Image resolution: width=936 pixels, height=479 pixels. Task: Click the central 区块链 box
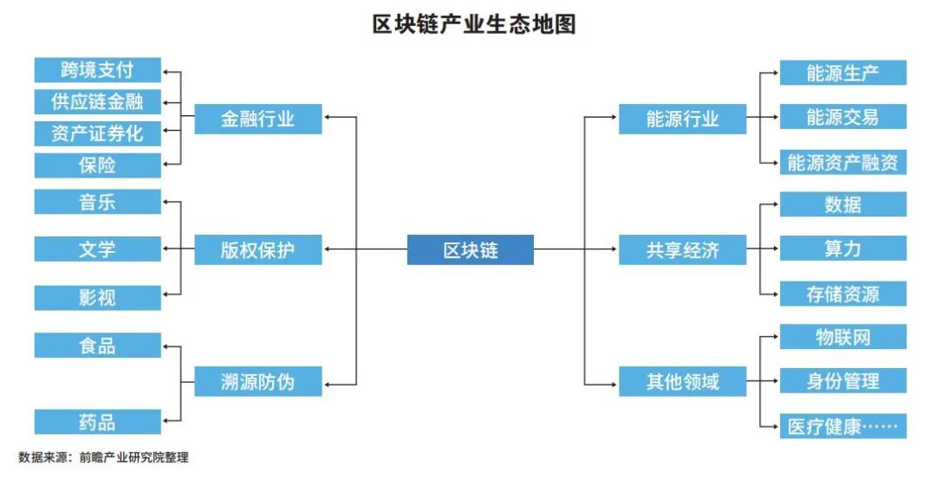pyautogui.click(x=471, y=251)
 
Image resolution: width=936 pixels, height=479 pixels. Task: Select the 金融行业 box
pyautogui.click(x=257, y=120)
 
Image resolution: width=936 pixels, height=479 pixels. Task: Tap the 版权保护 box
pyautogui.click(x=257, y=251)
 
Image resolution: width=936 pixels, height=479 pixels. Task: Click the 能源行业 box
pyautogui.click(x=682, y=120)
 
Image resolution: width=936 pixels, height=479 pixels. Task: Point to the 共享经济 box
pyautogui.click(x=682, y=251)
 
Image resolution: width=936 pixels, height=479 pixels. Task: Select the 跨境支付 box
pyautogui.click(x=97, y=70)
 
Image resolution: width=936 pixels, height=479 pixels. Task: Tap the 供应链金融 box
pyautogui.click(x=97, y=101)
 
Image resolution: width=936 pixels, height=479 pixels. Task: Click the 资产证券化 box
pyautogui.click(x=97, y=133)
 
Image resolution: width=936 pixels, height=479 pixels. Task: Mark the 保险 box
pyautogui.click(x=97, y=165)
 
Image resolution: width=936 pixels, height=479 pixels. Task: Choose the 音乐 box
pyautogui.click(x=97, y=203)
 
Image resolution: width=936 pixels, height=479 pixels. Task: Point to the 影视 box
pyautogui.click(x=97, y=298)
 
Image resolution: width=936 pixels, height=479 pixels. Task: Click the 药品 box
pyautogui.click(x=97, y=423)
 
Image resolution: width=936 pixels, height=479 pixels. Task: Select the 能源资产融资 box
pyautogui.click(x=842, y=162)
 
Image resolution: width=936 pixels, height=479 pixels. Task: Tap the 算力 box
pyautogui.click(x=842, y=249)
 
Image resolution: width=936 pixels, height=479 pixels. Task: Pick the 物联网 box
pyautogui.click(x=842, y=337)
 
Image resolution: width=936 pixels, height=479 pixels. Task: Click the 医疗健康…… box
pyautogui.click(x=842, y=426)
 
